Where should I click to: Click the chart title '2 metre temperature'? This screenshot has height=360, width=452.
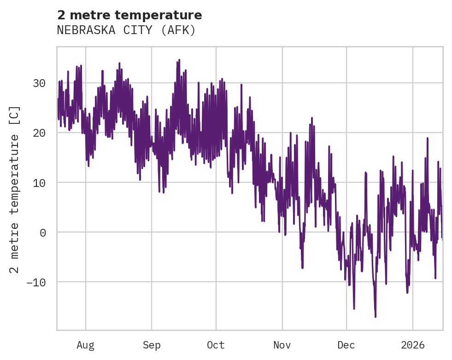tap(129, 15)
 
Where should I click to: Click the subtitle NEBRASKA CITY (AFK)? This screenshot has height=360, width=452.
tap(126, 30)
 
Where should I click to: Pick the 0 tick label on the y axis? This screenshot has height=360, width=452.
tap(42, 232)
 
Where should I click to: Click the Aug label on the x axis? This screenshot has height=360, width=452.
tap(85, 345)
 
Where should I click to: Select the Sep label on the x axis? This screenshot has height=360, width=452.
tap(151, 345)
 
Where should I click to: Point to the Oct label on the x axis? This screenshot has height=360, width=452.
tap(216, 345)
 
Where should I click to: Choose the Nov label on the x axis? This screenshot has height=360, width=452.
tap(282, 345)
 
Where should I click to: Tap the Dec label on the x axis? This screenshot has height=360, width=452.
tap(346, 345)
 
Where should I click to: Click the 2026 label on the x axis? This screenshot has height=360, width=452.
tap(413, 345)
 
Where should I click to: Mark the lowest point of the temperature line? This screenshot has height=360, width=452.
tap(376, 317)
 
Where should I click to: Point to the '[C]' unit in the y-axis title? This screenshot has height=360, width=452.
tap(15, 116)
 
